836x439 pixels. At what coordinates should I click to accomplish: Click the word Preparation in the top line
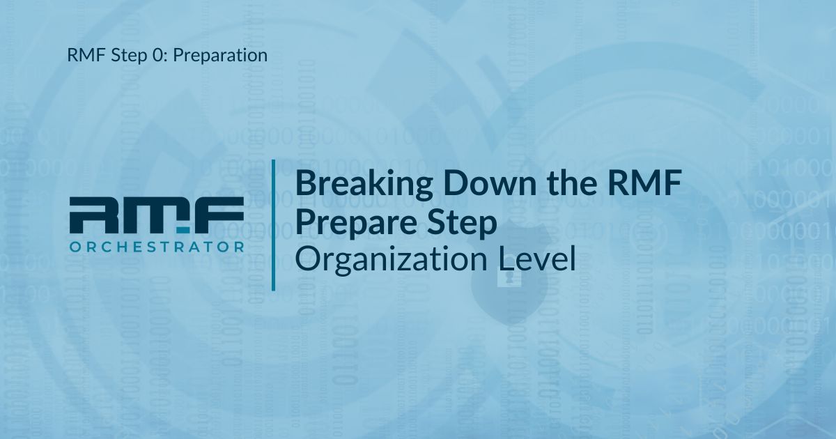[x=220, y=56]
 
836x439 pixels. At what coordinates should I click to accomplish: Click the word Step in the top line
[x=129, y=56]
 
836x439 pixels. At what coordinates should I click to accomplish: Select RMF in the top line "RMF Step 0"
[x=86, y=55]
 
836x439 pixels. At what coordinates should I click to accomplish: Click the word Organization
[x=391, y=260]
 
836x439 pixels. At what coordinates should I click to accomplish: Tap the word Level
[x=537, y=259]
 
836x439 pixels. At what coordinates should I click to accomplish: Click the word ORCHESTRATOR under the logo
[x=157, y=247]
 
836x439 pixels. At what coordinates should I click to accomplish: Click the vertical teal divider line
[x=274, y=225]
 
